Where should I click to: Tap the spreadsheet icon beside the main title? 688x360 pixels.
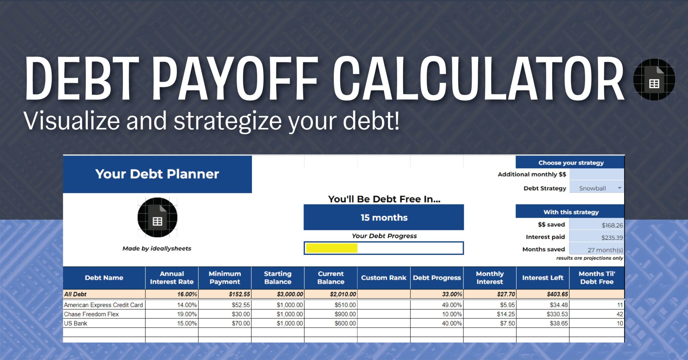click(x=654, y=80)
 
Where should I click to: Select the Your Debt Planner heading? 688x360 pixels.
click(x=157, y=174)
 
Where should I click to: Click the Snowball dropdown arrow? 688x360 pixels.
click(x=619, y=188)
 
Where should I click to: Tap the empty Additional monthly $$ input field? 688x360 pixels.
click(x=596, y=174)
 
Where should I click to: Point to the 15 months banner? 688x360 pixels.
click(x=384, y=218)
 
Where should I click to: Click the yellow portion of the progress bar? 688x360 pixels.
click(x=332, y=248)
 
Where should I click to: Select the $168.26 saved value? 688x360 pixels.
click(x=612, y=225)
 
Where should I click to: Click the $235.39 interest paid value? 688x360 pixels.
click(x=612, y=238)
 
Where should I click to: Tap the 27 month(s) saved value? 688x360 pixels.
click(x=605, y=250)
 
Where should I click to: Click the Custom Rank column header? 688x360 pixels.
click(x=384, y=278)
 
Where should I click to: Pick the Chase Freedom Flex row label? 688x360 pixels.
click(x=91, y=314)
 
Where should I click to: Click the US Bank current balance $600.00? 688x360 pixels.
click(x=345, y=323)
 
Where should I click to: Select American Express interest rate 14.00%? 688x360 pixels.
click(x=187, y=305)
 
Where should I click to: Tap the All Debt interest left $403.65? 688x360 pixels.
click(x=557, y=294)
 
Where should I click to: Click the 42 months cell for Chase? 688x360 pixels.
click(x=619, y=314)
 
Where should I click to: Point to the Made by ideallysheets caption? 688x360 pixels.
click(x=157, y=249)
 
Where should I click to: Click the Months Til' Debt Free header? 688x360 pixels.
click(x=597, y=278)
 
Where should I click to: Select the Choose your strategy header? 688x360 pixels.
click(x=571, y=163)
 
